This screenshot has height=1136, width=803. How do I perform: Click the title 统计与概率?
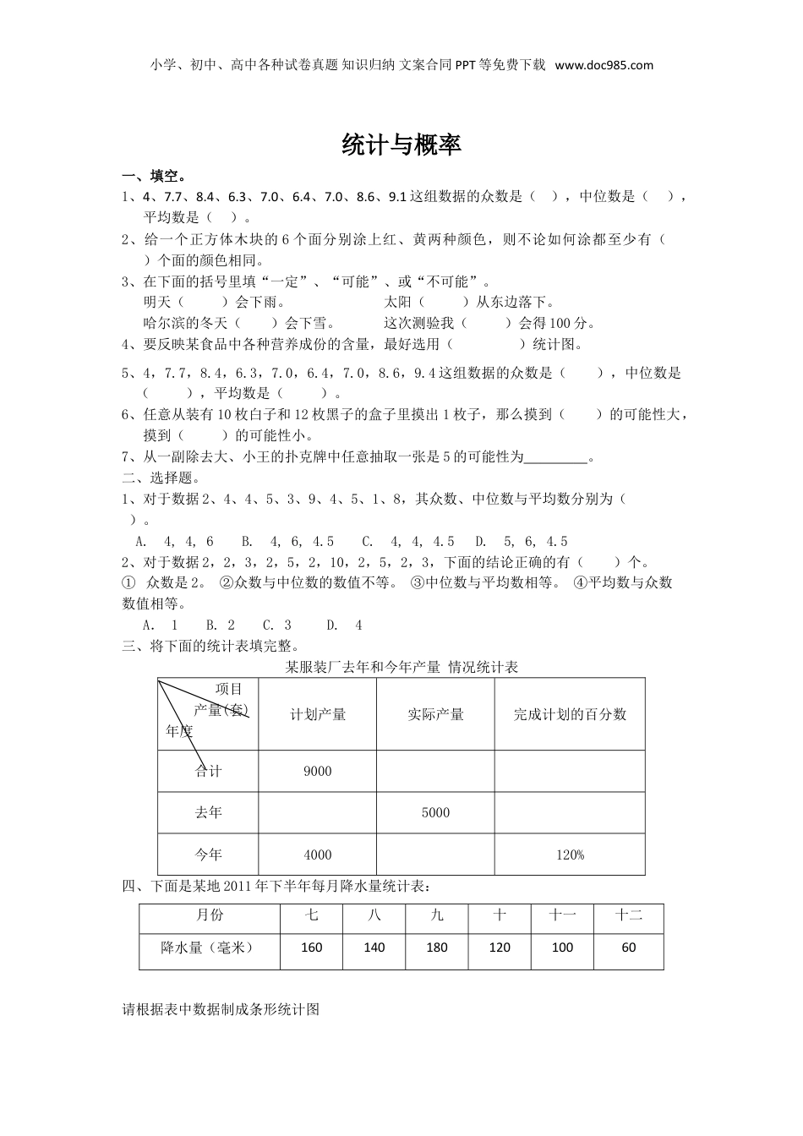(401, 145)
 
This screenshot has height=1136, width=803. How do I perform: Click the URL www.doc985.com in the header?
(604, 65)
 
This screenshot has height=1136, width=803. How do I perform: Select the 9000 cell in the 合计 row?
(317, 771)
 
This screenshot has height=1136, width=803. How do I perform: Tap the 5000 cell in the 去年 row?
(435, 812)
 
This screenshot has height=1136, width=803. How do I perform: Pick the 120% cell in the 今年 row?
(570, 855)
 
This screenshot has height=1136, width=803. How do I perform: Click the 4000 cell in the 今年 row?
(317, 855)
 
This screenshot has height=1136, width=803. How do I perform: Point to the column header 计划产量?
(318, 714)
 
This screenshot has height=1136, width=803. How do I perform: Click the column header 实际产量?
(435, 714)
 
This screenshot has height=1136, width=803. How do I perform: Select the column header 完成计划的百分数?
(570, 714)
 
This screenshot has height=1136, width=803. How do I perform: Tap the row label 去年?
(208, 812)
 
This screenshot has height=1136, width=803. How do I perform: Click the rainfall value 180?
(437, 948)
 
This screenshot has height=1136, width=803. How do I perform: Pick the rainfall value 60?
(628, 948)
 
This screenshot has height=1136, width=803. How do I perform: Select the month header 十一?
(562, 915)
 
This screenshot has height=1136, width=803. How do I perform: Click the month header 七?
(311, 915)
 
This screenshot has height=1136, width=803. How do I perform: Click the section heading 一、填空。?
(155, 176)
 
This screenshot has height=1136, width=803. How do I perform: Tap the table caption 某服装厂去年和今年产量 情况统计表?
(401, 667)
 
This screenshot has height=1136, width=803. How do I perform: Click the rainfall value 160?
(311, 948)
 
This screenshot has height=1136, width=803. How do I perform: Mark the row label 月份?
(210, 915)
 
